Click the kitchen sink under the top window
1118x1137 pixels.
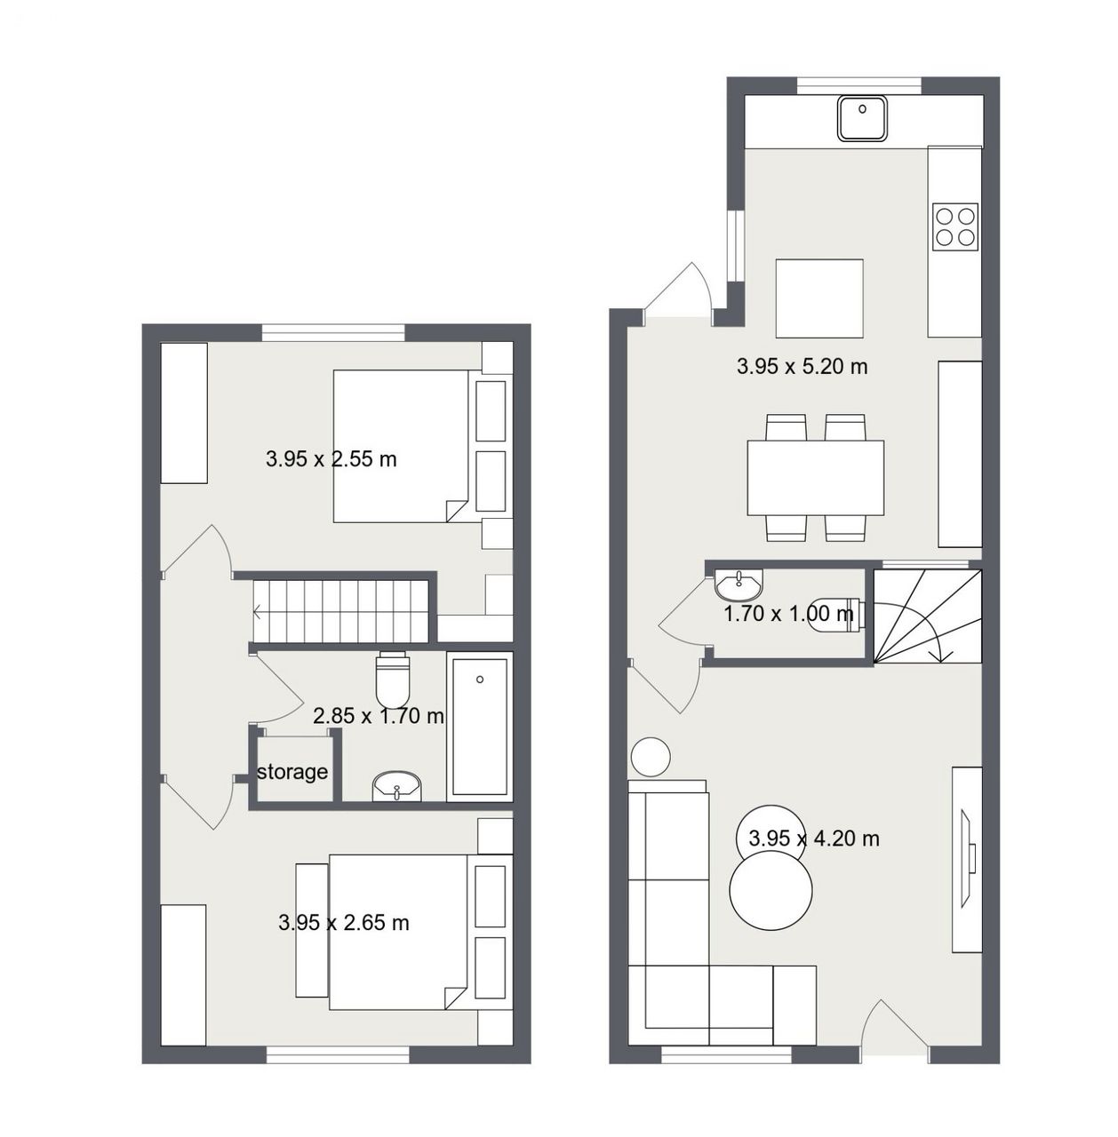click(862, 119)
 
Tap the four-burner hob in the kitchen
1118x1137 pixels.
click(954, 226)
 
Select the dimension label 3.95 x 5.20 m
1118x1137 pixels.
click(802, 367)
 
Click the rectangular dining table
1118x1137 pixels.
click(815, 478)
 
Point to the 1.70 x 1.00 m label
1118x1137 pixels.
click(788, 614)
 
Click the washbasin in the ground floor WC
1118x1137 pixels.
click(739, 584)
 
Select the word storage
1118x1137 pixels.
click(291, 772)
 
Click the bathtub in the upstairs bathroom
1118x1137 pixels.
click(480, 727)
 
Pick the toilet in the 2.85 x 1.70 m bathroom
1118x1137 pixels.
click(392, 680)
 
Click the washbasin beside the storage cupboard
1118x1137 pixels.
click(397, 786)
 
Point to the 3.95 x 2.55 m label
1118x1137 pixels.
click(331, 459)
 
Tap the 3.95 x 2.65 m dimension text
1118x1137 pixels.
click(344, 923)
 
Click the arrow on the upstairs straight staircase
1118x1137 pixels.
click(258, 612)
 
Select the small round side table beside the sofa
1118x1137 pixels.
click(651, 757)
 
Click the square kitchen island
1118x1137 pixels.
click(819, 298)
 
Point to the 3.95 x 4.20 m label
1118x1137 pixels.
click(814, 839)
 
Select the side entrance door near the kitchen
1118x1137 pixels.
click(678, 292)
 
